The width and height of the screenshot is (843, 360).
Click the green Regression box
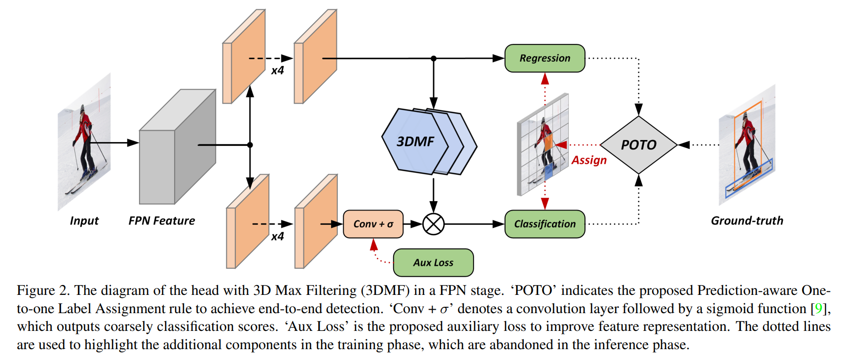pyautogui.click(x=545, y=58)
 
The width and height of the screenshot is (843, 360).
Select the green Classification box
pyautogui.click(x=545, y=224)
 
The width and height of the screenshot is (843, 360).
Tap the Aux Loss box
pyautogui.click(x=433, y=263)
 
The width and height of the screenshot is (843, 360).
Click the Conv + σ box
pyautogui.click(x=373, y=224)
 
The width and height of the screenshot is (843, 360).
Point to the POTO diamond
pyautogui.click(x=638, y=145)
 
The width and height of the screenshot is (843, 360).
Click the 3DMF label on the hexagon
pyautogui.click(x=415, y=142)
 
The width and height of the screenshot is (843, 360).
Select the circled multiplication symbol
pyautogui.click(x=434, y=224)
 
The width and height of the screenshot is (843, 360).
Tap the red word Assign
pyautogui.click(x=589, y=160)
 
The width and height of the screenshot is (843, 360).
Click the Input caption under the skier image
pyautogui.click(x=84, y=221)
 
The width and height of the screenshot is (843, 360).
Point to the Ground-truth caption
pyautogui.click(x=747, y=221)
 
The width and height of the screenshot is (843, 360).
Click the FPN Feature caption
pyautogui.click(x=162, y=221)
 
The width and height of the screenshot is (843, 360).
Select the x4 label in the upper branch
pyautogui.click(x=278, y=71)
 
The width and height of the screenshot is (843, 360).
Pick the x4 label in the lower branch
pyautogui.click(x=278, y=236)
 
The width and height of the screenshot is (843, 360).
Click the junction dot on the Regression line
pyautogui.click(x=434, y=59)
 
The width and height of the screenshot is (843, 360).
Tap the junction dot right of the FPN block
pyautogui.click(x=250, y=145)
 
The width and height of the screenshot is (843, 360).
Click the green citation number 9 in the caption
pyautogui.click(x=819, y=309)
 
